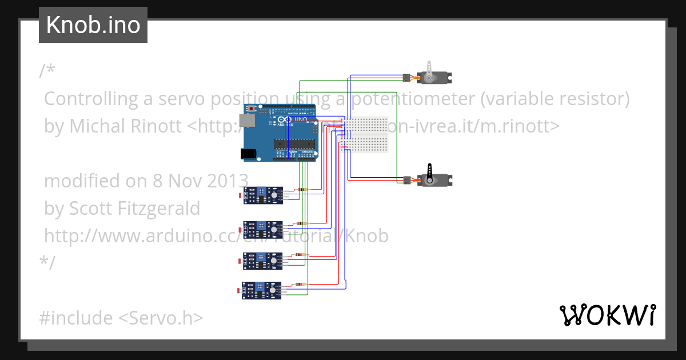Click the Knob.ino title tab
tap(93, 25)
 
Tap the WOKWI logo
tap(607, 315)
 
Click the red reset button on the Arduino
tap(251, 109)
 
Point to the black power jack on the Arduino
tap(248, 153)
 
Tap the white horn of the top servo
tap(430, 67)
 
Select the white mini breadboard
tap(366, 135)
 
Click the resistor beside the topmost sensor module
tap(302, 190)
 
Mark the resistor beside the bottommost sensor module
tap(301, 284)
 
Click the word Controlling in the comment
tap(92, 99)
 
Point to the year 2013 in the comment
tap(223, 181)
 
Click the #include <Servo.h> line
tap(121, 318)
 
